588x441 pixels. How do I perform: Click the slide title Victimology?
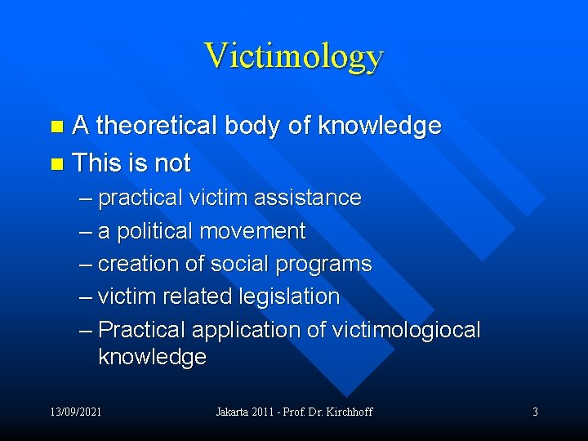pyautogui.click(x=293, y=56)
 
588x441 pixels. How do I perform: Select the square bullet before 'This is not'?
pyautogui.click(x=56, y=164)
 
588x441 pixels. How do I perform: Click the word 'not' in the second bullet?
pyautogui.click(x=172, y=163)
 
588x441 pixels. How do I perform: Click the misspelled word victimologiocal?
pyautogui.click(x=404, y=330)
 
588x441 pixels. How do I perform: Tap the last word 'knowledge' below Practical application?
pyautogui.click(x=152, y=357)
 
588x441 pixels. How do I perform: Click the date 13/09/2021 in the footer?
pyautogui.click(x=74, y=412)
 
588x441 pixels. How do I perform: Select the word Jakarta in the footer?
pyautogui.click(x=234, y=412)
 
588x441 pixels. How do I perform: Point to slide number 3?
pyautogui.click(x=535, y=412)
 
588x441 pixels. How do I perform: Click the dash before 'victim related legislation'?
pyautogui.click(x=87, y=297)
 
